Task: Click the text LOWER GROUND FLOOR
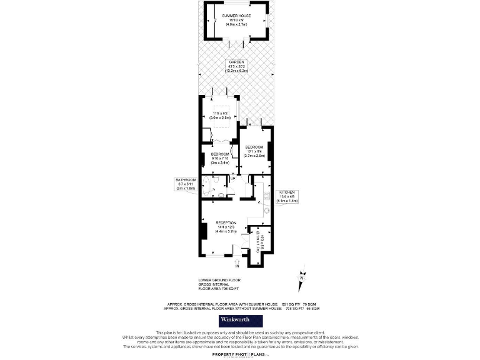click(219, 279)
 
